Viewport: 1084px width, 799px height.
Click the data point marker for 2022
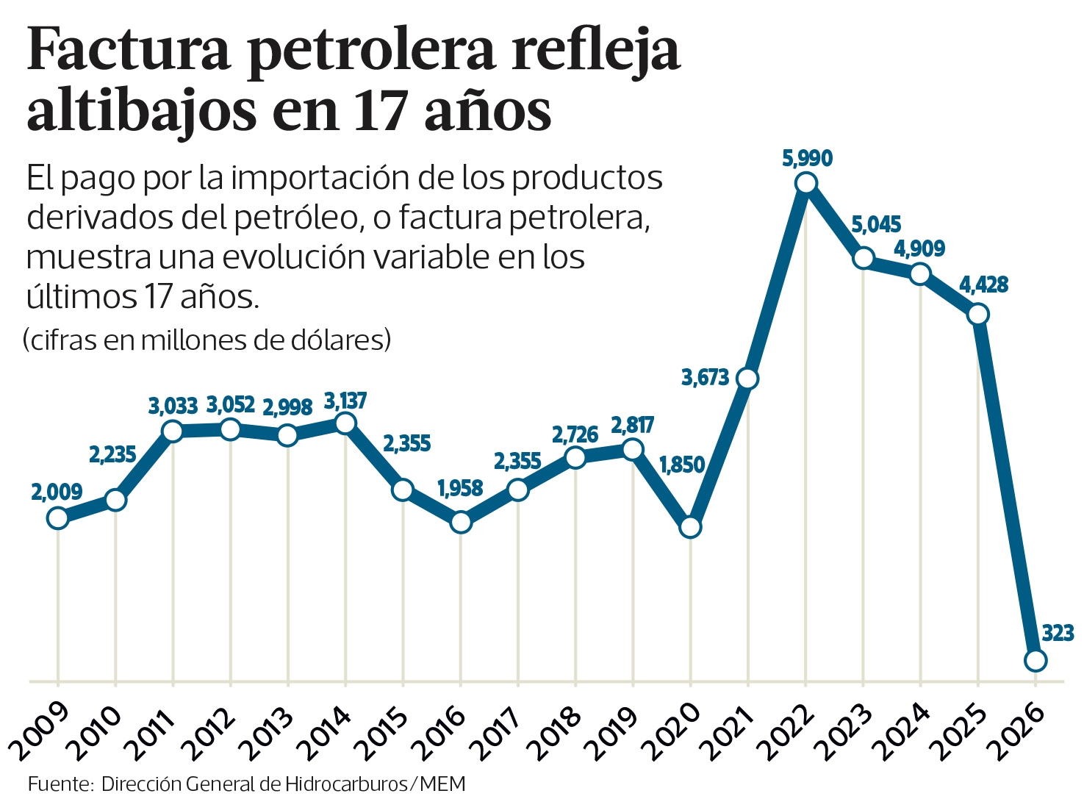(x=805, y=183)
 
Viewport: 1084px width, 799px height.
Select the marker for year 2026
(x=1035, y=660)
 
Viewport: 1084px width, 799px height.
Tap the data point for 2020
(x=690, y=527)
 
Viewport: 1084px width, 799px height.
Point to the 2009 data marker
(x=57, y=518)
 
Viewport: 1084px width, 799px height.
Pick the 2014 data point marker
(x=345, y=423)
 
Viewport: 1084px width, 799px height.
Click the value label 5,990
(x=807, y=158)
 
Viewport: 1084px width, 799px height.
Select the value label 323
(x=1058, y=633)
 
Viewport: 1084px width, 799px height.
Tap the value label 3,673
(x=705, y=378)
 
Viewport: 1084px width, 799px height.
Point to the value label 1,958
(x=460, y=488)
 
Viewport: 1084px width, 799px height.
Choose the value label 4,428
(x=983, y=284)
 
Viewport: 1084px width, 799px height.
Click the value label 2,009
(x=57, y=492)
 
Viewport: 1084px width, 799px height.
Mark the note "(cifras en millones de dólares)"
(x=207, y=340)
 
